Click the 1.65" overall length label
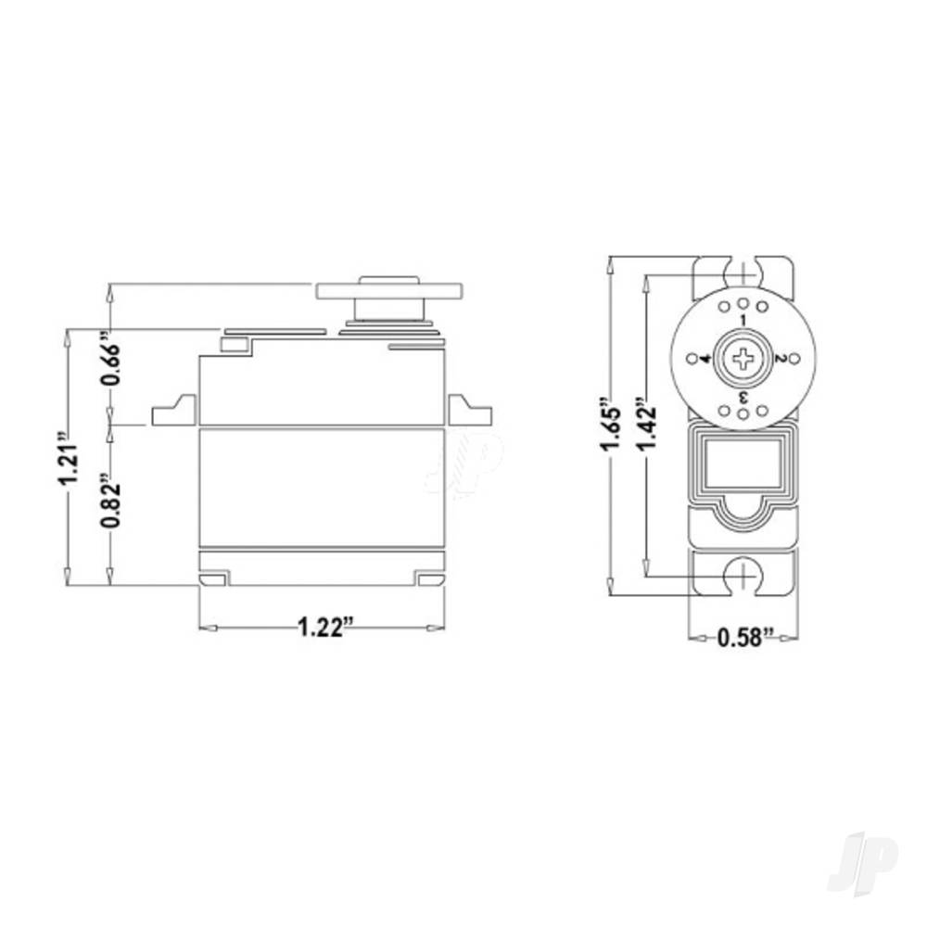610,427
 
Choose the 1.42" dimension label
647,427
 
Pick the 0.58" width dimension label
746,638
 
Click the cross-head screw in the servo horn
743,359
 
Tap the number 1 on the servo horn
743,320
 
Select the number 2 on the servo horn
781,359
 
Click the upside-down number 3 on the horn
743,397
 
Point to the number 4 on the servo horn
705,359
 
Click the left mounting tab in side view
174,411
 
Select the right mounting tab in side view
469,411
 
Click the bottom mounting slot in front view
743,576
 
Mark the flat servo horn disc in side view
388,291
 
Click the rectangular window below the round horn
743,466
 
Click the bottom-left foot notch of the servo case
213,579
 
